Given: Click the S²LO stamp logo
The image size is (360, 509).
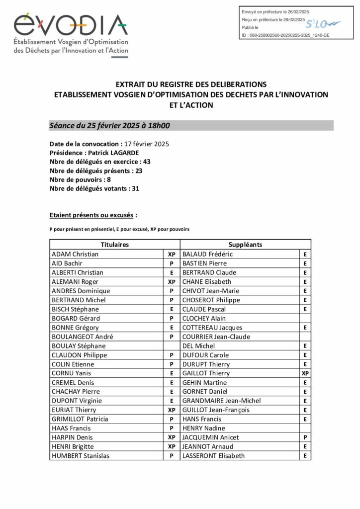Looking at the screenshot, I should [x=322, y=23].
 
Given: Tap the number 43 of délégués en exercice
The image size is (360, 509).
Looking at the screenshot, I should [x=146, y=162].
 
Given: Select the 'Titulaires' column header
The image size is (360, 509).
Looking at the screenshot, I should [x=114, y=245].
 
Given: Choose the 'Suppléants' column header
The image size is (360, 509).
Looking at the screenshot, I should [x=245, y=245].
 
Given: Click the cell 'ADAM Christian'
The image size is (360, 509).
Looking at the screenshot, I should [x=75, y=254].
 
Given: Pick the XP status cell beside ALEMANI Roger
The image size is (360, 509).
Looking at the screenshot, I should [x=172, y=281].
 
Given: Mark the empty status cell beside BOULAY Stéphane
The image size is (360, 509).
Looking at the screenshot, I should [x=172, y=345].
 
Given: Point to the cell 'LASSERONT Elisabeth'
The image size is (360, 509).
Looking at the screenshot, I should [x=214, y=456].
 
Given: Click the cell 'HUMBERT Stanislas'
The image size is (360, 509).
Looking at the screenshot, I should [x=81, y=456].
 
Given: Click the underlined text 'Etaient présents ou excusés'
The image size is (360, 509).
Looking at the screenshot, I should [x=91, y=215].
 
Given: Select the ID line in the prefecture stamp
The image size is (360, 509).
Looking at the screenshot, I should [x=285, y=35].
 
